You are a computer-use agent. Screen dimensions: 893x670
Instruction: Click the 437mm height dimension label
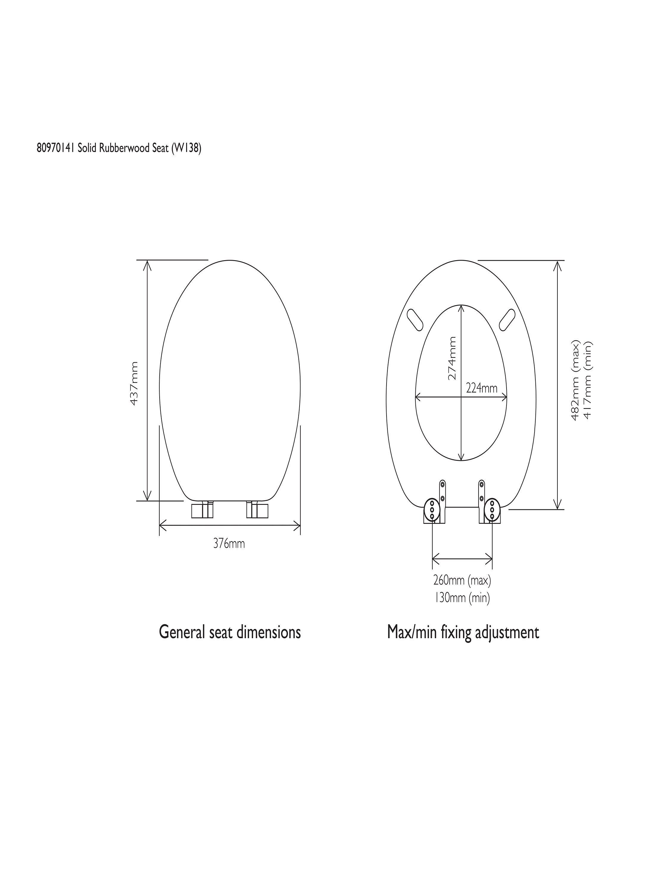click(x=134, y=383)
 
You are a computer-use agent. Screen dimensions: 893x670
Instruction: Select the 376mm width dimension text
click(x=229, y=544)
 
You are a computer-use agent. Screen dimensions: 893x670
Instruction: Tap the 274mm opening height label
click(x=452, y=358)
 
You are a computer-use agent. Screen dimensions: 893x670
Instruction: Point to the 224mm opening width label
click(x=482, y=388)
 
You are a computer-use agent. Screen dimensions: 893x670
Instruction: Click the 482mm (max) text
click(x=575, y=380)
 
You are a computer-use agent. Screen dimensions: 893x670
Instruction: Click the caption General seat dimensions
click(x=230, y=632)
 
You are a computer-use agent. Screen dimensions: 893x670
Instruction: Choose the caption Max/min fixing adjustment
click(x=463, y=632)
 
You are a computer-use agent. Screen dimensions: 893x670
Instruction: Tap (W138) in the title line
click(x=186, y=149)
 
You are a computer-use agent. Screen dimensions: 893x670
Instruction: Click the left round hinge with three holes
click(x=432, y=510)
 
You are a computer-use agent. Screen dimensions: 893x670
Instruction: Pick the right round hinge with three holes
click(x=492, y=510)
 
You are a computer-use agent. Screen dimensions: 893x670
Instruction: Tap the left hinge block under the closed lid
click(x=202, y=510)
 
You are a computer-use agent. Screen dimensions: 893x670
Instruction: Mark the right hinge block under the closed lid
click(x=257, y=510)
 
